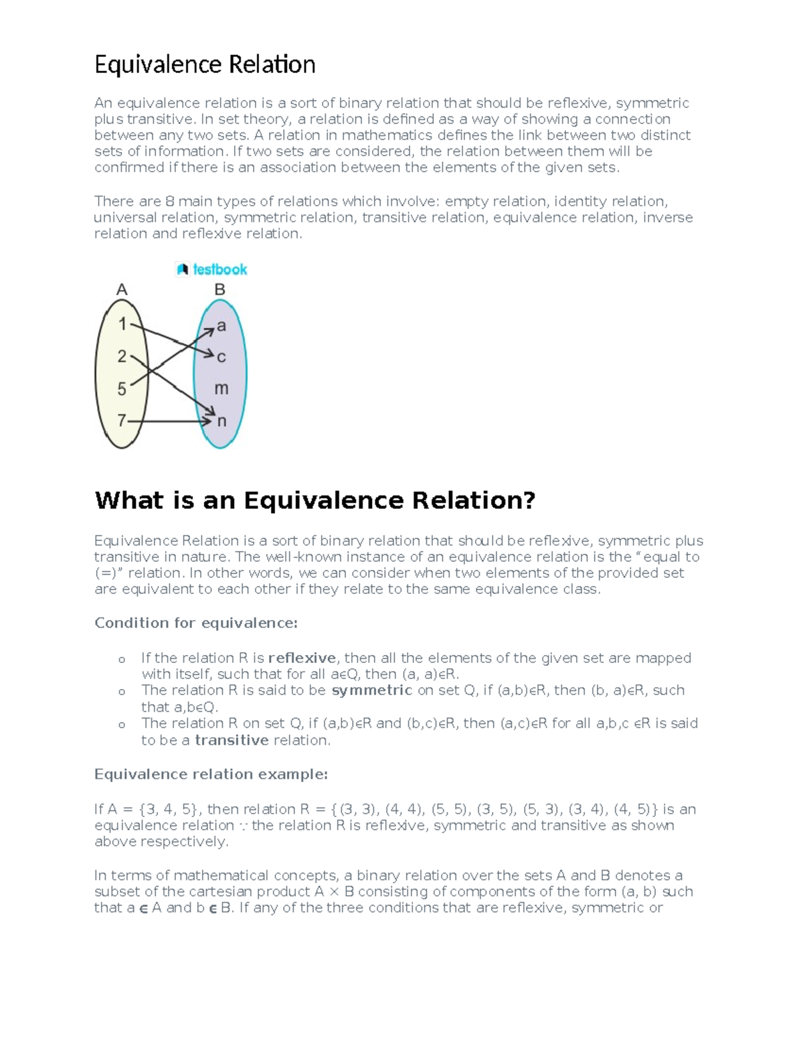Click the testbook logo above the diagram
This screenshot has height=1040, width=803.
211,269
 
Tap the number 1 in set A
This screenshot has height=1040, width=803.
122,324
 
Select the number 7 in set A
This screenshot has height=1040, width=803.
121,421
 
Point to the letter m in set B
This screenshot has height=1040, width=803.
221,388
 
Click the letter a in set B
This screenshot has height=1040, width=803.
221,326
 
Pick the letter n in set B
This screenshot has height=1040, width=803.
221,421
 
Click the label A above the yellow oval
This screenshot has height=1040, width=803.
122,289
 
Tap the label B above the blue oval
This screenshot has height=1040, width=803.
219,289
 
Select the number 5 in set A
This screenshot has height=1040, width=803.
122,388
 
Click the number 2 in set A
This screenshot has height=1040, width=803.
122,356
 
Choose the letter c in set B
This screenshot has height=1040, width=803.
221,357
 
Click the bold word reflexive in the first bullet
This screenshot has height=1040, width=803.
301,658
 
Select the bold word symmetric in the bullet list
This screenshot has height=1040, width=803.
371,690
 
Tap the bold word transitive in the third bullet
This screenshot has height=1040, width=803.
232,740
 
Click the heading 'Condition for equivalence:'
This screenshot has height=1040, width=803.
195,623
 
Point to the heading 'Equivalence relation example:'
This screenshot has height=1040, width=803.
211,774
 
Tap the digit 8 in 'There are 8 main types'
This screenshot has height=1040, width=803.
169,202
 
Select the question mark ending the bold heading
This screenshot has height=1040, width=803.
529,500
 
